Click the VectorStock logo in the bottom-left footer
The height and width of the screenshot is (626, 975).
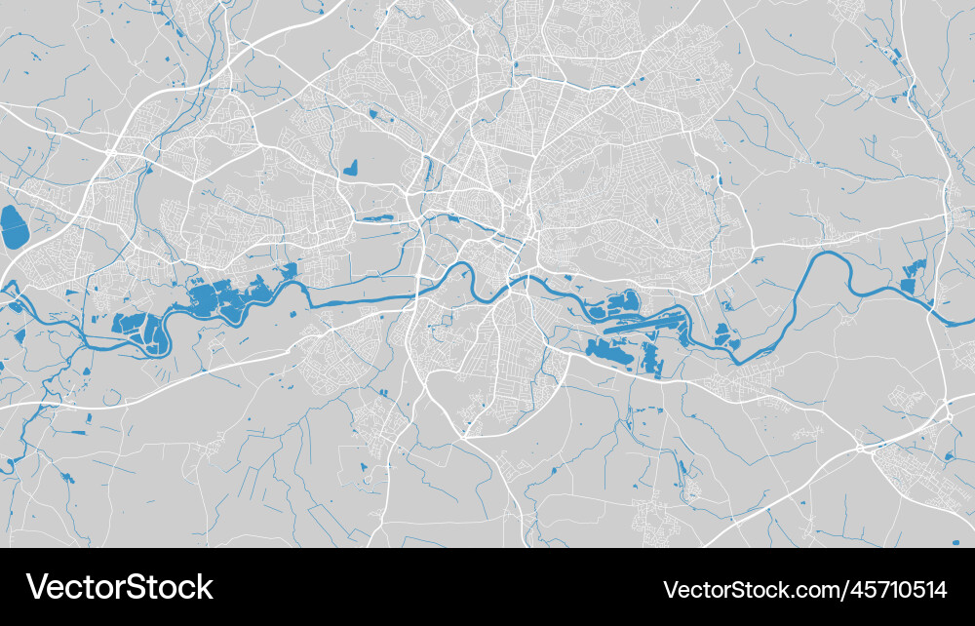click(120, 587)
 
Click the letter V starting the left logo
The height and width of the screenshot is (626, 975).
click(37, 587)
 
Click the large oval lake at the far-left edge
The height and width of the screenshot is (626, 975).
click(14, 227)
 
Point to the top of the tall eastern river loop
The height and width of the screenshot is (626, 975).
click(827, 254)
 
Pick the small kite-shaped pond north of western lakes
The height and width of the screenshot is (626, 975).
click(349, 168)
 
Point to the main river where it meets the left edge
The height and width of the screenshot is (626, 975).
click(5, 288)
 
